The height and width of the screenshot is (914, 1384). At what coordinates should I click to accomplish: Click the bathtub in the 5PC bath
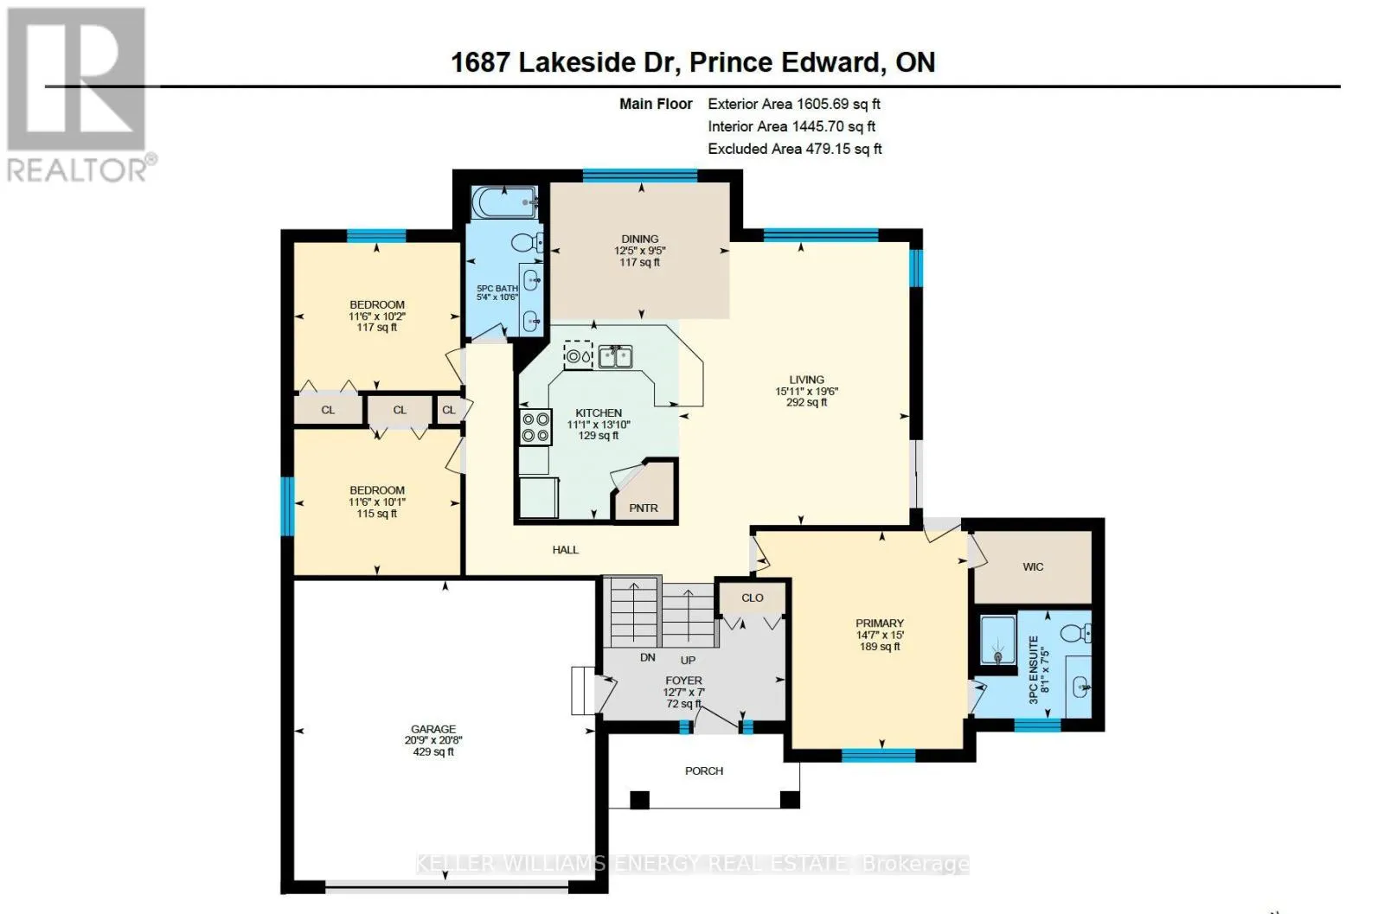click(x=504, y=202)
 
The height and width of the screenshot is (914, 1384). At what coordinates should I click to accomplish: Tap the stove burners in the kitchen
click(x=535, y=427)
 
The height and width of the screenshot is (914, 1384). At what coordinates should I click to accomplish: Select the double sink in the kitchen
click(x=615, y=357)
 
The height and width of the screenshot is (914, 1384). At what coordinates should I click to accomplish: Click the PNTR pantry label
click(x=644, y=508)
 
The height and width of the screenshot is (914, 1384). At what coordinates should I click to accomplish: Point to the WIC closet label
click(x=1033, y=567)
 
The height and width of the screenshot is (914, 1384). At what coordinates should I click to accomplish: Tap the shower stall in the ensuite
click(x=998, y=641)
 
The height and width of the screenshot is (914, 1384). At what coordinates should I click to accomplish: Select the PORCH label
click(x=704, y=770)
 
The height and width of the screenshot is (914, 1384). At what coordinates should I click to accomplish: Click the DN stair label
click(x=648, y=658)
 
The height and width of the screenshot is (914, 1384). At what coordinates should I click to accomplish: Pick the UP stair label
click(x=688, y=660)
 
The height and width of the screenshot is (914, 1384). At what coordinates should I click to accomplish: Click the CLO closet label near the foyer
click(x=753, y=598)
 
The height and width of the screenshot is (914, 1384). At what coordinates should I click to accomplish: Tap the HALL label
click(x=566, y=550)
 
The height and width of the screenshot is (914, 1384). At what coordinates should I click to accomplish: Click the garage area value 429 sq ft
click(x=433, y=751)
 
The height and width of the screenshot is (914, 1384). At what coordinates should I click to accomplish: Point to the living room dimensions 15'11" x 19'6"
click(x=806, y=391)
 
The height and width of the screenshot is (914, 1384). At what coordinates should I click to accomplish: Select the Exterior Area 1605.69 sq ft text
click(x=794, y=104)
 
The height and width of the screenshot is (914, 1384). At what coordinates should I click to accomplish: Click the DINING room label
click(x=639, y=239)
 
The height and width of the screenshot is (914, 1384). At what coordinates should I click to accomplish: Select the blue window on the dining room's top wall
click(x=640, y=176)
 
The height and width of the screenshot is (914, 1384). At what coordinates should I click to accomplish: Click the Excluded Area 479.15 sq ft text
click(x=795, y=149)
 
